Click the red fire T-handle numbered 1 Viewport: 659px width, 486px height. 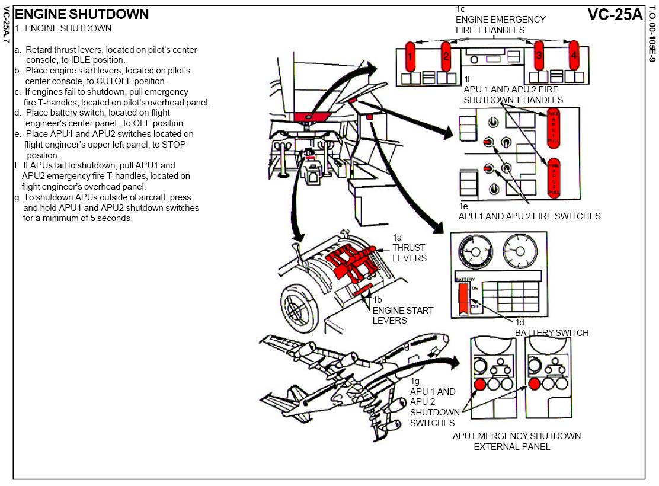point(410,56)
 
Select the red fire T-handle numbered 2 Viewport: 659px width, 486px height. point(446,56)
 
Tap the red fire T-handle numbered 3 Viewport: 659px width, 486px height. point(539,56)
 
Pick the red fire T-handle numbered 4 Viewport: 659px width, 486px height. point(574,56)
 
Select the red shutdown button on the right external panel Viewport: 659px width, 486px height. point(534,384)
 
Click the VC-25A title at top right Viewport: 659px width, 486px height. point(615,15)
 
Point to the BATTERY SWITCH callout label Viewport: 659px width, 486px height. point(551,332)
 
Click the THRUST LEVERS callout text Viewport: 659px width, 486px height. point(410,253)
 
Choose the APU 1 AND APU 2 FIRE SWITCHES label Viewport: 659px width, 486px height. point(529,216)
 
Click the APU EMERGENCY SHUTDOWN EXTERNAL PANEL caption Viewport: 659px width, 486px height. point(516,441)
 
